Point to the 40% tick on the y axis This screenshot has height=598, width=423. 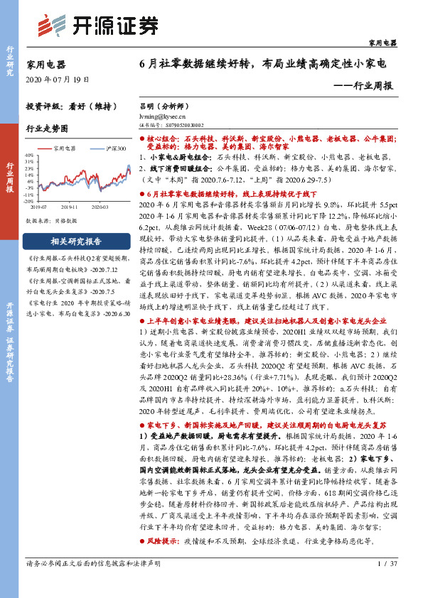(x=30, y=154)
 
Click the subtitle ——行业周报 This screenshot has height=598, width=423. (x=363, y=85)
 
